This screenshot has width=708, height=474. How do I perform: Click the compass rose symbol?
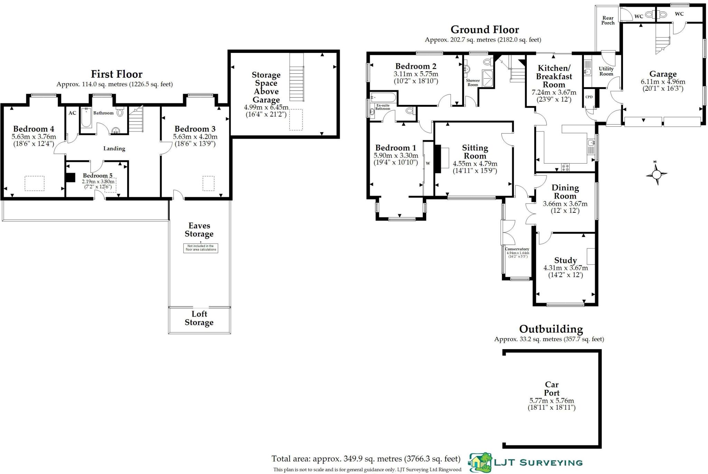click(656, 174)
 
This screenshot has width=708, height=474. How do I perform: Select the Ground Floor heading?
click(485, 30)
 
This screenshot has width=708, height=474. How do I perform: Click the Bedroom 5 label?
click(97, 176)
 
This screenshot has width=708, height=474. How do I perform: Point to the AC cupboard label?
click(72, 113)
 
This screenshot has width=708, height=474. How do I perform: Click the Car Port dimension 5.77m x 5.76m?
click(552, 401)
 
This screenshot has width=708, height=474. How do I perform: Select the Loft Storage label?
click(199, 318)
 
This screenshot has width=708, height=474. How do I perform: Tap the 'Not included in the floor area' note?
click(201, 248)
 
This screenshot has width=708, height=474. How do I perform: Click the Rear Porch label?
click(608, 20)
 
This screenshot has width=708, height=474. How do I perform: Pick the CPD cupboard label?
click(589, 97)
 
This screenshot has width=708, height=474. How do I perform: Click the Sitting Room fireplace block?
click(438, 159)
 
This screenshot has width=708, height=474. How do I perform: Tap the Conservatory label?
click(517, 249)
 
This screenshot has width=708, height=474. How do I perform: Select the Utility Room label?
click(606, 71)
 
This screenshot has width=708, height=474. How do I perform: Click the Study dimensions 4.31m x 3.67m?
click(566, 268)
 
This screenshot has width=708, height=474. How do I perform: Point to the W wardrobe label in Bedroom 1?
click(428, 163)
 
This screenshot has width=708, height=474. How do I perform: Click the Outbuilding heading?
click(551, 329)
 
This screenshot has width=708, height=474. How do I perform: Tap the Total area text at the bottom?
click(366, 459)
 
